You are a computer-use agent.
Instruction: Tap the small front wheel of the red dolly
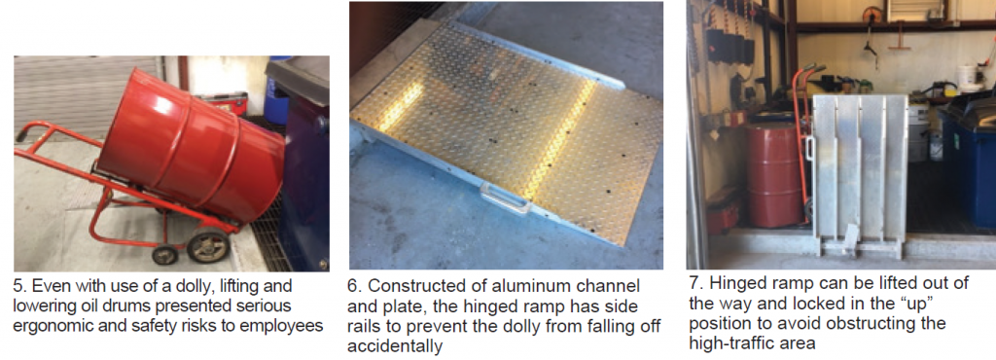click(x=163, y=256)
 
